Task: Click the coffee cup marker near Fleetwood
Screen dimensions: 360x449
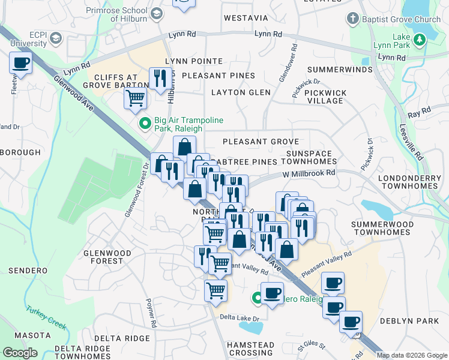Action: pos(22,62)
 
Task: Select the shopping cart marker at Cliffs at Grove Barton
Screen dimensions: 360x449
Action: pos(136,97)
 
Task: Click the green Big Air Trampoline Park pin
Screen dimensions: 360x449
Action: pos(145,124)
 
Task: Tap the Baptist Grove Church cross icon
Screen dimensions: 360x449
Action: pos(353,19)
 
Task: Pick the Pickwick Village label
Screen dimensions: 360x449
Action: pos(325,97)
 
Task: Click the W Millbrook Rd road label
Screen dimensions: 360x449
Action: pos(309,173)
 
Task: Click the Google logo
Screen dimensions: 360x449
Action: pos(20,352)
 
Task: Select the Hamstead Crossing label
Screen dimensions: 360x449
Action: pos(250,349)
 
